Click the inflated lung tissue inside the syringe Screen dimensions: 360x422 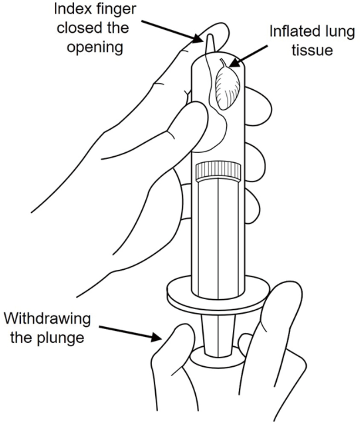[x=227, y=87]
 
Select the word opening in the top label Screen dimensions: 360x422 [x=95, y=47]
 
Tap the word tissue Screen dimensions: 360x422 [x=312, y=50]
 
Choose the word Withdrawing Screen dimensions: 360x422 [x=47, y=319]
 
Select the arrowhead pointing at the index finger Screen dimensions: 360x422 [x=198, y=38]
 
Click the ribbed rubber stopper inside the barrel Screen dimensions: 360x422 [x=218, y=171]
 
